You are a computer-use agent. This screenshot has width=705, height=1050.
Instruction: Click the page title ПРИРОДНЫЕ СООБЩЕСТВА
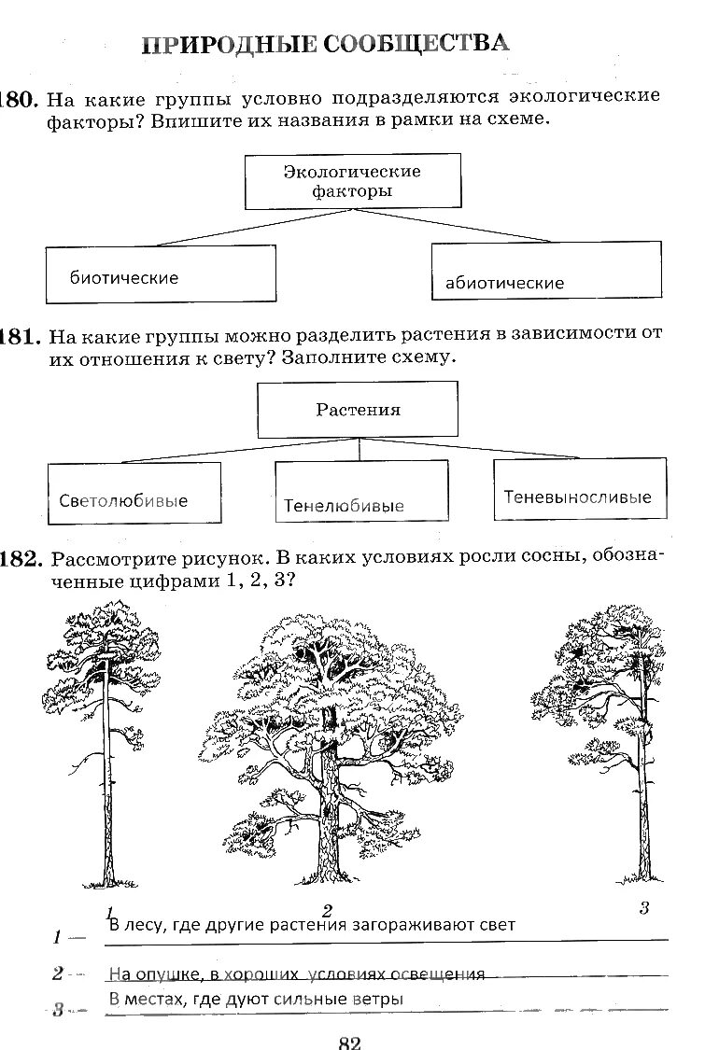click(x=326, y=43)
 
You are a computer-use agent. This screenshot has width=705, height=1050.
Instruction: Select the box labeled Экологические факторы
click(x=352, y=181)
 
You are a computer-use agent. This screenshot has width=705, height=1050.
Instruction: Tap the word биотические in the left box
click(x=123, y=277)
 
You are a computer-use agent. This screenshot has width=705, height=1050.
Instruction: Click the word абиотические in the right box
click(x=504, y=283)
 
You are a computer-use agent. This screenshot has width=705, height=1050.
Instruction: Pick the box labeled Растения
click(x=358, y=410)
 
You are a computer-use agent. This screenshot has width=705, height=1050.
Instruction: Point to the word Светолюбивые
click(x=123, y=501)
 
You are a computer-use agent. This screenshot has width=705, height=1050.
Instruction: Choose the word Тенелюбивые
click(x=344, y=506)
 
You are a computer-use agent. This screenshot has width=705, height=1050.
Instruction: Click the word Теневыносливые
click(x=578, y=497)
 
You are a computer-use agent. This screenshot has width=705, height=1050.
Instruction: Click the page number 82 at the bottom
click(x=349, y=1042)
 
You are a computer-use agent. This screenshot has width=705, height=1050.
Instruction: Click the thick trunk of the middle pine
click(x=330, y=821)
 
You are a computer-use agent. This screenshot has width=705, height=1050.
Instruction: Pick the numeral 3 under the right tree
click(x=643, y=907)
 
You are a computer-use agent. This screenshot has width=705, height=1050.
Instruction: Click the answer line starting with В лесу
click(x=312, y=925)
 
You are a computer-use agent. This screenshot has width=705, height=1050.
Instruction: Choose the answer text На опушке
click(x=296, y=974)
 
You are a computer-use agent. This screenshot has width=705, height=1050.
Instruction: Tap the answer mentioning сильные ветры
click(x=256, y=999)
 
